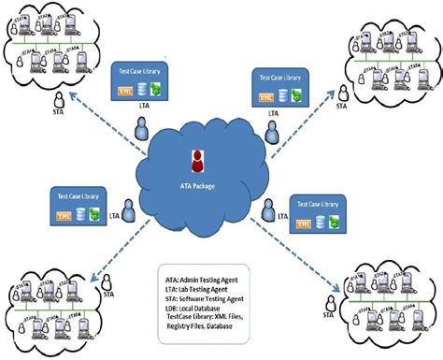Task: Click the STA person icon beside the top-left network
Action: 58,100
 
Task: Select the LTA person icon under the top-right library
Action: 274,134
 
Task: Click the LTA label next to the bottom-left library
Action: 114,216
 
